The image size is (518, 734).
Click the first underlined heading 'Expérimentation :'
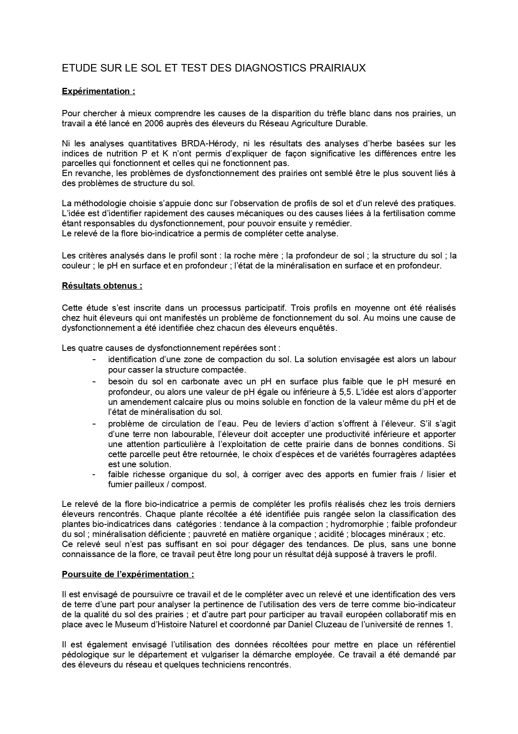click(x=98, y=91)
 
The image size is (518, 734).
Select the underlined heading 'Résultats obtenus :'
click(x=102, y=286)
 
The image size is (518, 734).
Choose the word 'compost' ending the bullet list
click(x=192, y=484)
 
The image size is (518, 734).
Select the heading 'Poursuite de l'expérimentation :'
click(x=128, y=574)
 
